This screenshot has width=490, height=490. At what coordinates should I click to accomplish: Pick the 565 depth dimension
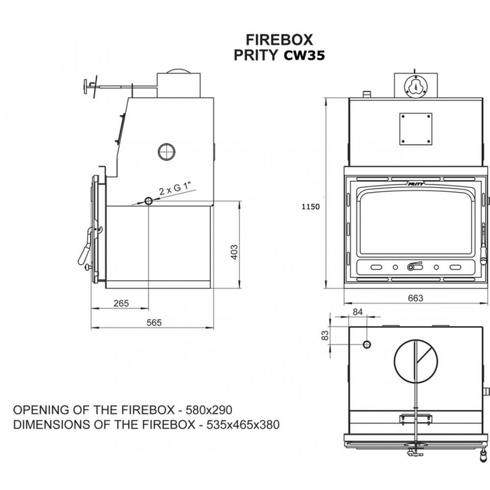tap(154, 323)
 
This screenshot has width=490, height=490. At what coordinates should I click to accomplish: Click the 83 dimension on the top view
tap(325, 335)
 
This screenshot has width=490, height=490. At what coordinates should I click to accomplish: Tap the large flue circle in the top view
tap(414, 359)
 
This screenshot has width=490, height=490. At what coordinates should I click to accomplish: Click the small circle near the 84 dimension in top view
tap(367, 344)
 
